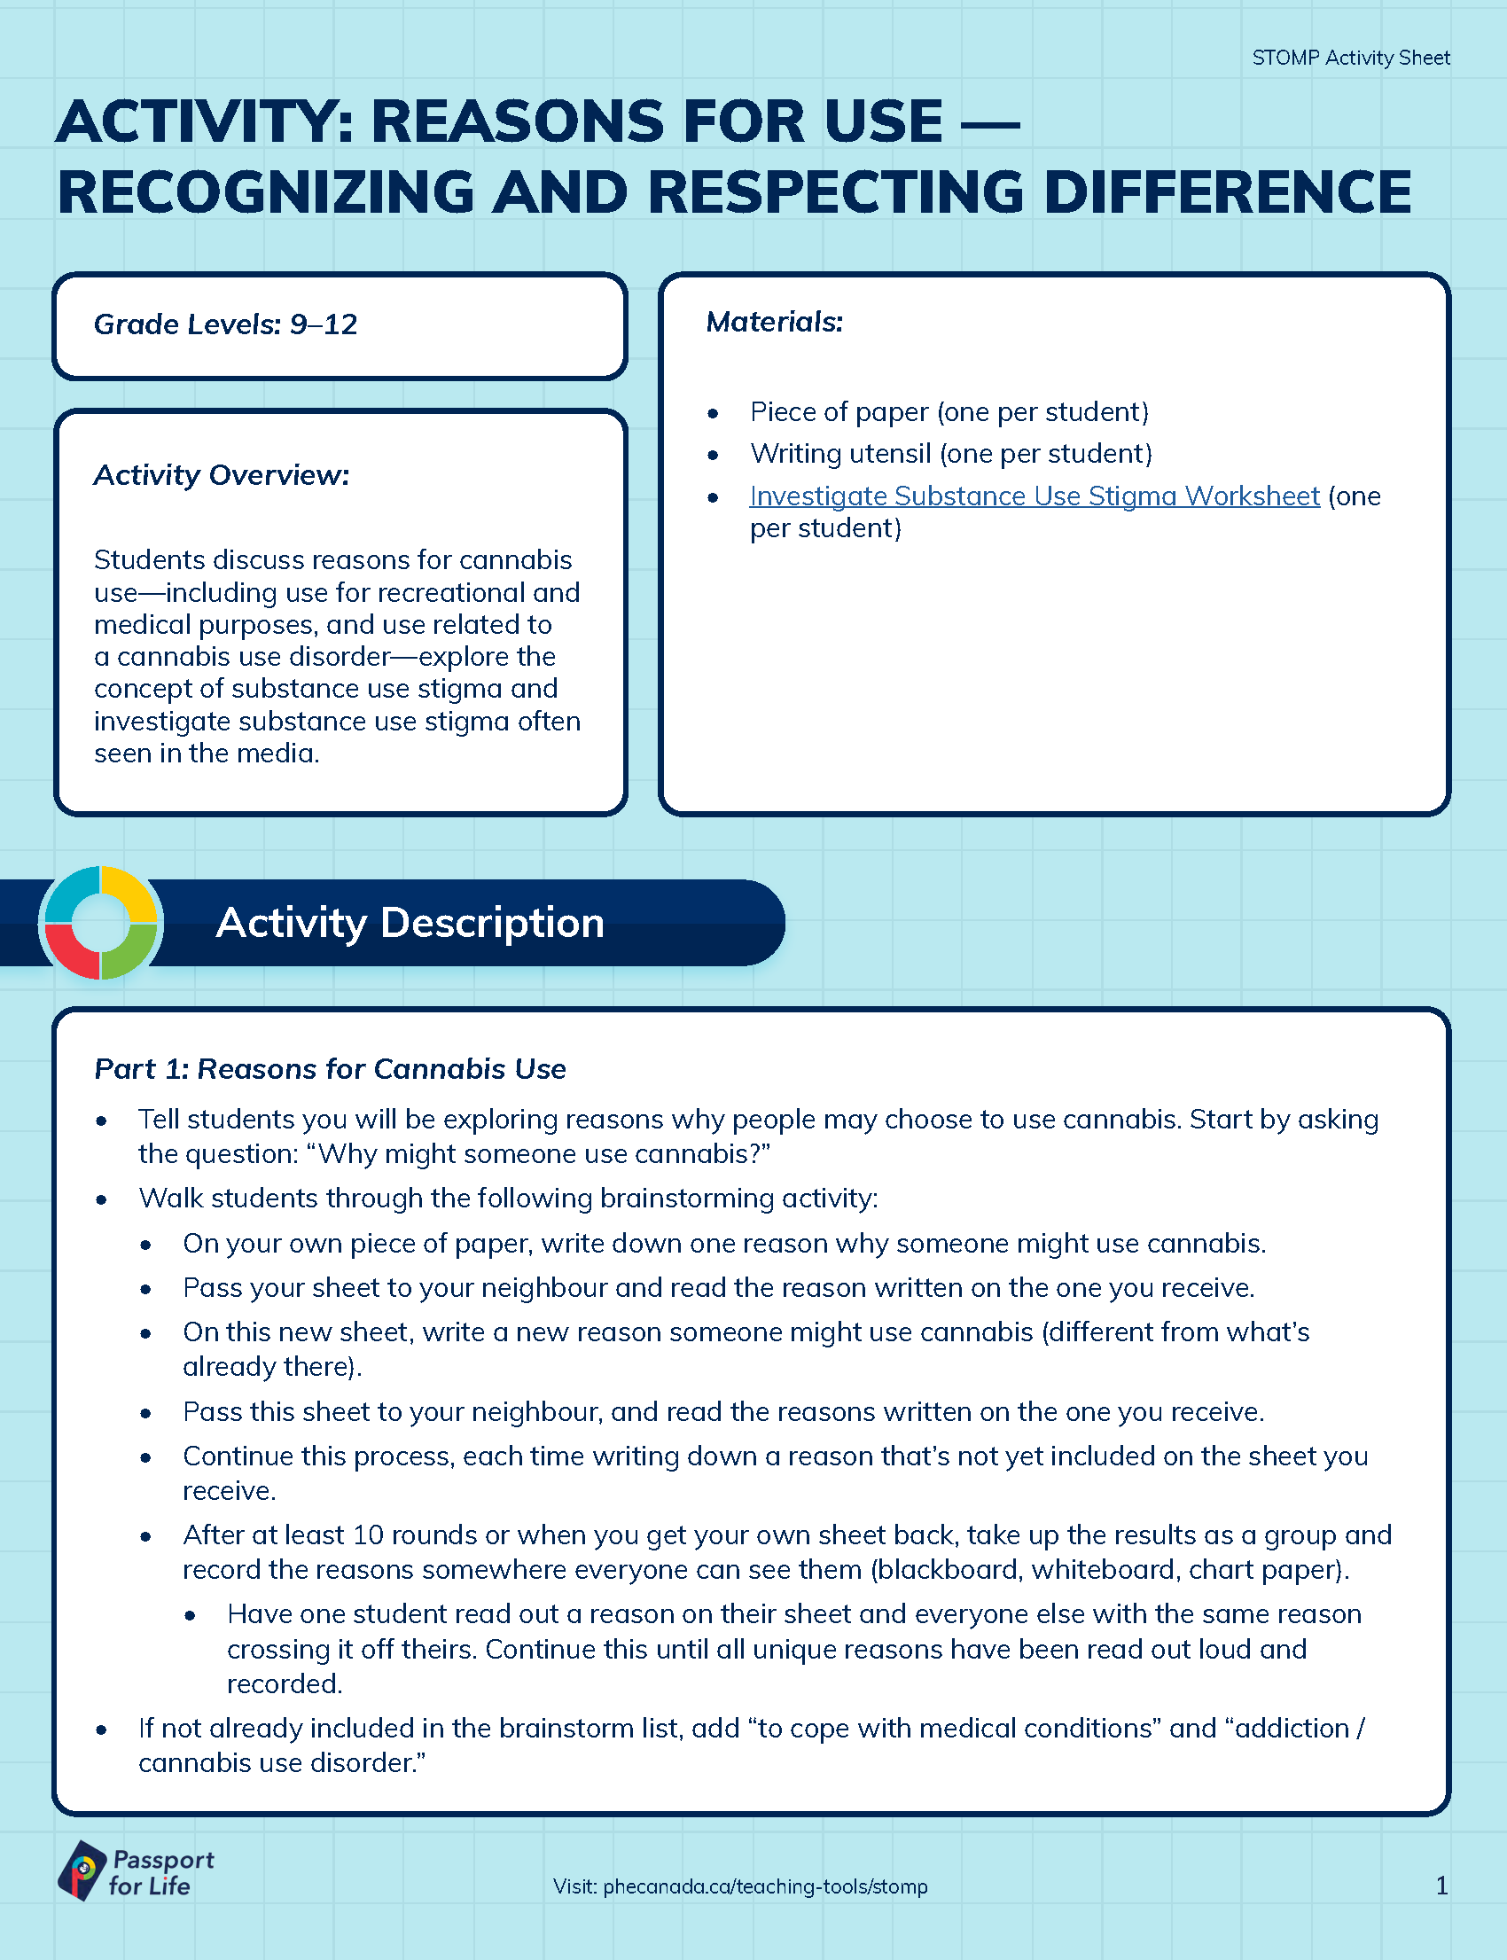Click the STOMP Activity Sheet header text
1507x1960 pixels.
pos(1350,59)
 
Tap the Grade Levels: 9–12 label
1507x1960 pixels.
pos(225,324)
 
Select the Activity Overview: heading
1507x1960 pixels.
pos(222,474)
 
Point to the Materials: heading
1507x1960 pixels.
pos(774,321)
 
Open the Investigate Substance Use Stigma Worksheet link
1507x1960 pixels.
pos(1035,496)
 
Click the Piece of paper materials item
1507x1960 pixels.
pos(949,411)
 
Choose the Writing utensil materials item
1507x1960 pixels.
pos(951,454)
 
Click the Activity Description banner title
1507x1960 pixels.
pos(410,922)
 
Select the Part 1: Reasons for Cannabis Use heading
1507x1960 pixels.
pos(330,1069)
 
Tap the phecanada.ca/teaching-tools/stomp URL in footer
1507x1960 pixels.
pos(765,1886)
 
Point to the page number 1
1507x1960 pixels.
pos(1441,1886)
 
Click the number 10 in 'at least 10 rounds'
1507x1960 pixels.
pos(368,1534)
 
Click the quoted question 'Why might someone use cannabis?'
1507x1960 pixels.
pos(538,1153)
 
